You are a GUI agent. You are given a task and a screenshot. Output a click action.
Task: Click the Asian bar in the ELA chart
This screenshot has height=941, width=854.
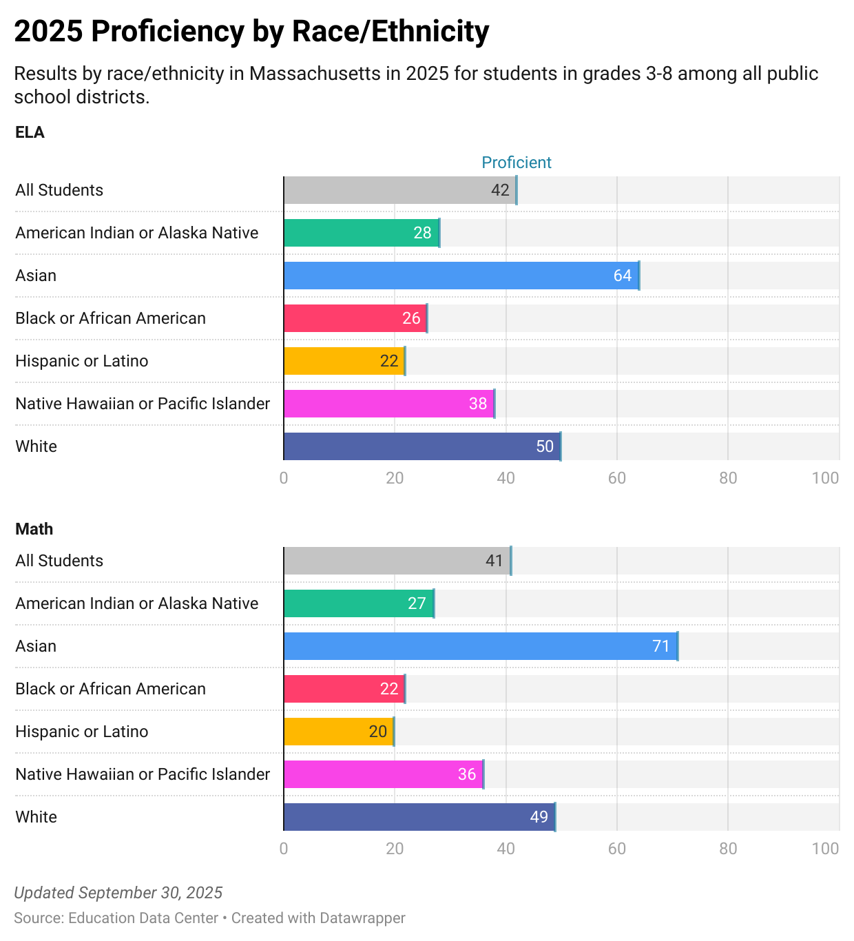click(x=461, y=276)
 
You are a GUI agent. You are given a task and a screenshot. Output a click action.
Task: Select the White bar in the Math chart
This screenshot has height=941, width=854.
click(x=419, y=817)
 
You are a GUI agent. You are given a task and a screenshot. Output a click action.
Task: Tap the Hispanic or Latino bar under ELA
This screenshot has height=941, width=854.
click(x=344, y=361)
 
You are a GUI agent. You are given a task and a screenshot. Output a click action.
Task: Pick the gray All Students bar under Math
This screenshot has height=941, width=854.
click(x=397, y=561)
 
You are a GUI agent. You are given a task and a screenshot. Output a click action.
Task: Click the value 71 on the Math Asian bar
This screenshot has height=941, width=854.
click(x=660, y=646)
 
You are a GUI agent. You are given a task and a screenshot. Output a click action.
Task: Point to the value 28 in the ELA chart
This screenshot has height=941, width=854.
click(x=422, y=233)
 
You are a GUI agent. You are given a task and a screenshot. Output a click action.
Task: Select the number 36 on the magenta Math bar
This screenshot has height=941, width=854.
click(x=467, y=774)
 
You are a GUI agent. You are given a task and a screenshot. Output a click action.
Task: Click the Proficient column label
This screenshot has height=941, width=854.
click(x=517, y=163)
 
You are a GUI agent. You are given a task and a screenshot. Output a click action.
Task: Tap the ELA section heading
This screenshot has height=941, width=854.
click(x=30, y=132)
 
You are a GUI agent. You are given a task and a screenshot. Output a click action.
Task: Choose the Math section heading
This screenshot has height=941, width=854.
click(x=34, y=529)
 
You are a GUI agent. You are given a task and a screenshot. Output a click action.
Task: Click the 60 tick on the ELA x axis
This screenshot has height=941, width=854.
click(x=616, y=478)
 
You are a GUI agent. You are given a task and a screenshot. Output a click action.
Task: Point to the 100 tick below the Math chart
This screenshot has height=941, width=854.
click(x=825, y=849)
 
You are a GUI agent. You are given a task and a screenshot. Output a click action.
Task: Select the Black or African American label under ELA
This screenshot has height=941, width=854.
click(x=110, y=318)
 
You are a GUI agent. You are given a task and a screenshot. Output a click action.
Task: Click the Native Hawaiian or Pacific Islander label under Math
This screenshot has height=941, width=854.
click(x=143, y=774)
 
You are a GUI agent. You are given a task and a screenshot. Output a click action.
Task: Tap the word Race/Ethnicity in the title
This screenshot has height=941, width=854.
click(x=390, y=32)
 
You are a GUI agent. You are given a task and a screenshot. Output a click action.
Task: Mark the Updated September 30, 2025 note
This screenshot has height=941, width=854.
click(x=118, y=893)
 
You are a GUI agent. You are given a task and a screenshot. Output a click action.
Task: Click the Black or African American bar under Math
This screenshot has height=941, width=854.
click(x=344, y=689)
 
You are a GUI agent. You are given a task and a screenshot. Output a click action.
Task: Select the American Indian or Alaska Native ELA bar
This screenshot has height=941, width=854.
click(x=362, y=233)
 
